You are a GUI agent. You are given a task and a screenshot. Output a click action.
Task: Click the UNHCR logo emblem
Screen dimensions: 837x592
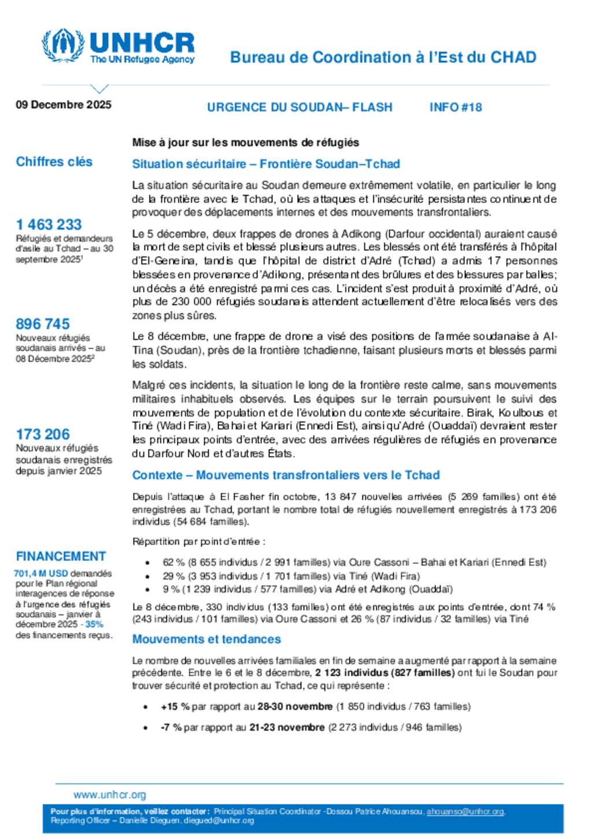click(x=63, y=45)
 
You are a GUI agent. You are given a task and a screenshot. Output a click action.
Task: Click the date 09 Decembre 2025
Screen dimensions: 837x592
click(x=64, y=105)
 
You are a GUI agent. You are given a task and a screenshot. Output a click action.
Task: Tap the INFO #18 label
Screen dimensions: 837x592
click(x=456, y=107)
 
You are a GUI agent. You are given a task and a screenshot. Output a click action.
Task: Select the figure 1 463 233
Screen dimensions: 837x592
click(x=49, y=224)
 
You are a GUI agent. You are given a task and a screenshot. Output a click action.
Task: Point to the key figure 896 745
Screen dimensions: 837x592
click(x=43, y=323)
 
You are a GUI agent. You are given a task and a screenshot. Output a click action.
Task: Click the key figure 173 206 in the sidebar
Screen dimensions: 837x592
click(x=43, y=434)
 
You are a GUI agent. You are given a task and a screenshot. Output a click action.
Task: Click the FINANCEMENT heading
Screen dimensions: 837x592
click(x=61, y=556)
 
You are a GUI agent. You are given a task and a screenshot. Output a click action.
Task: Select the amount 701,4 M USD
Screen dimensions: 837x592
click(x=41, y=574)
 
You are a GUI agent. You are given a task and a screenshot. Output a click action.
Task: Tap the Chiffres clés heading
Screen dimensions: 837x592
click(x=54, y=162)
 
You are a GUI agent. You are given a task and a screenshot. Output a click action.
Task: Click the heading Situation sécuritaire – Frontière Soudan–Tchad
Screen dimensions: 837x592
click(x=266, y=164)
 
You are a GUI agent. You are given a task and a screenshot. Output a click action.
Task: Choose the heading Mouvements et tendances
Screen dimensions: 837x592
click(x=206, y=639)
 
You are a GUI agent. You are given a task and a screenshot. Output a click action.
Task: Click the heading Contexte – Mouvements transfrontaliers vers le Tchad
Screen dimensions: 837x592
click(x=286, y=475)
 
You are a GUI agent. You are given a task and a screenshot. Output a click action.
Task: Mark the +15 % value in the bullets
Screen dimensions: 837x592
click(x=175, y=706)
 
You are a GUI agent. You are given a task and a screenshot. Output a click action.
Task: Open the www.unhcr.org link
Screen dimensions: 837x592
click(x=110, y=795)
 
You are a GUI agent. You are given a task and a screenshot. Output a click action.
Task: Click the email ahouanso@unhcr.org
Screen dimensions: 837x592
click(x=465, y=812)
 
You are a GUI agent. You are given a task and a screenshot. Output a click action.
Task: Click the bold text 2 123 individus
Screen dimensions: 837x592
click(x=351, y=673)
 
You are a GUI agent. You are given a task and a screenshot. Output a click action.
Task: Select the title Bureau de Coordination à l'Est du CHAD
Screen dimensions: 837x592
click(x=383, y=57)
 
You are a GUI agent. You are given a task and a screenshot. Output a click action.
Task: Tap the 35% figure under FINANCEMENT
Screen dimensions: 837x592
click(x=94, y=624)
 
